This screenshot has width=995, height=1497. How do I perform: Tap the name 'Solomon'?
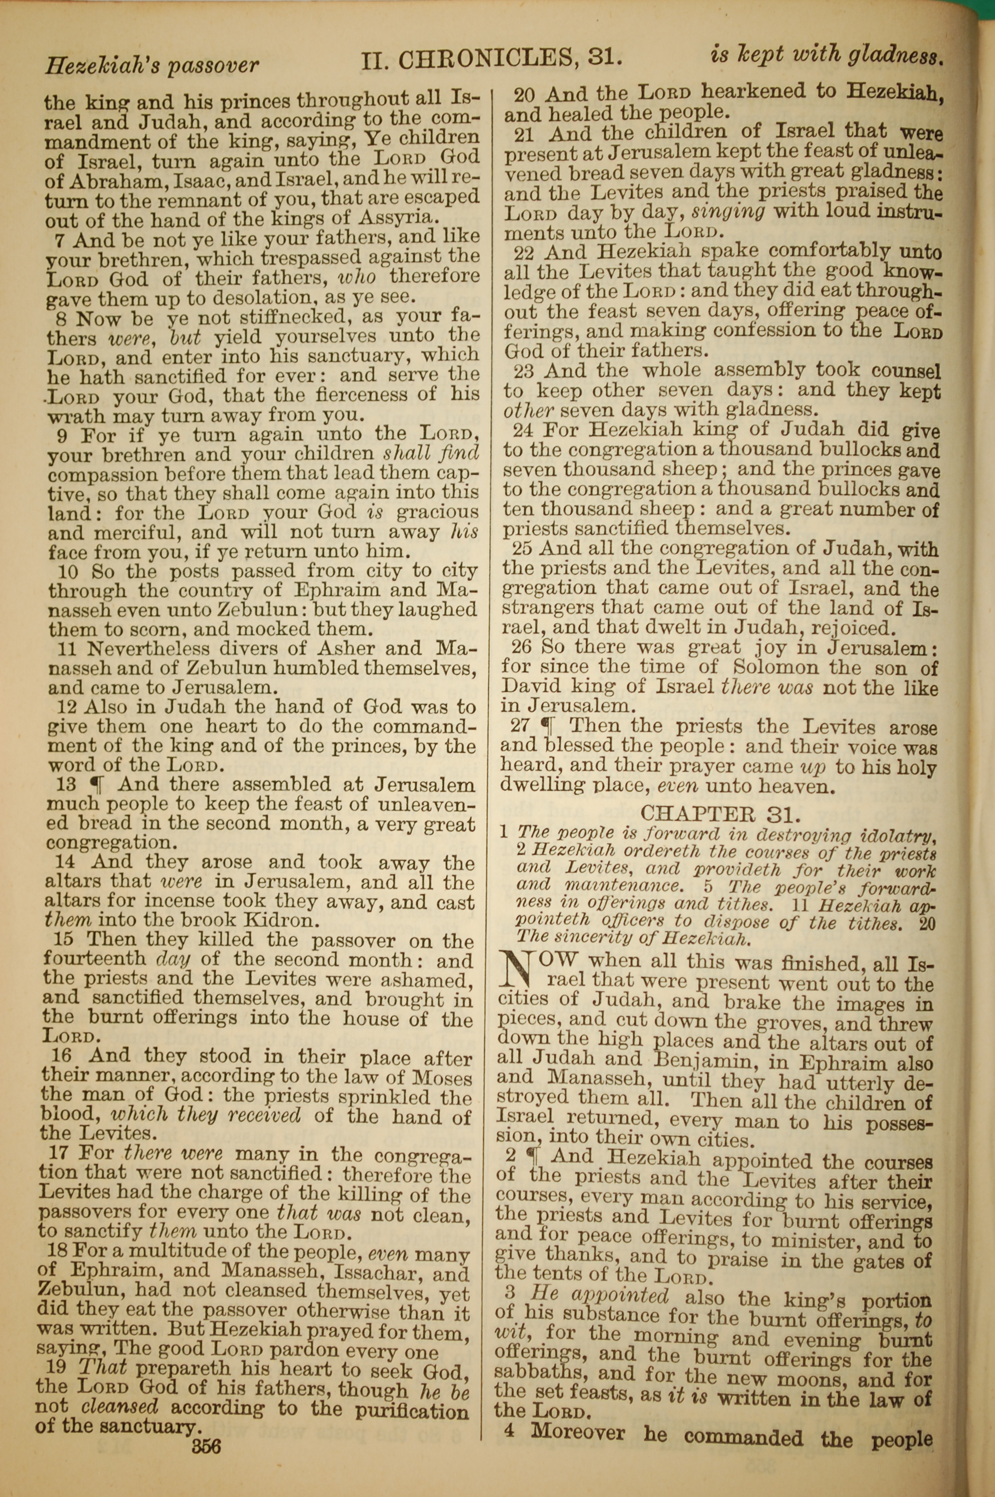[785, 667]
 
